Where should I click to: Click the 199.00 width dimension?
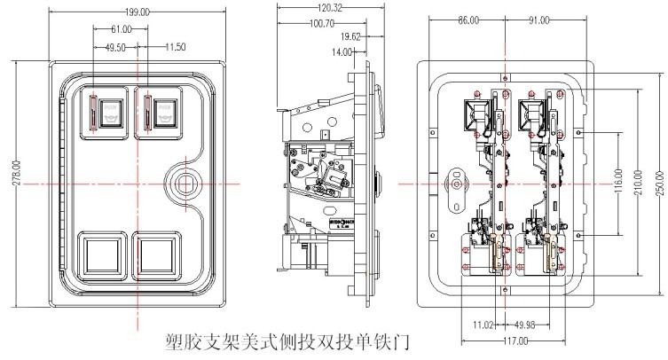(x=137, y=13)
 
